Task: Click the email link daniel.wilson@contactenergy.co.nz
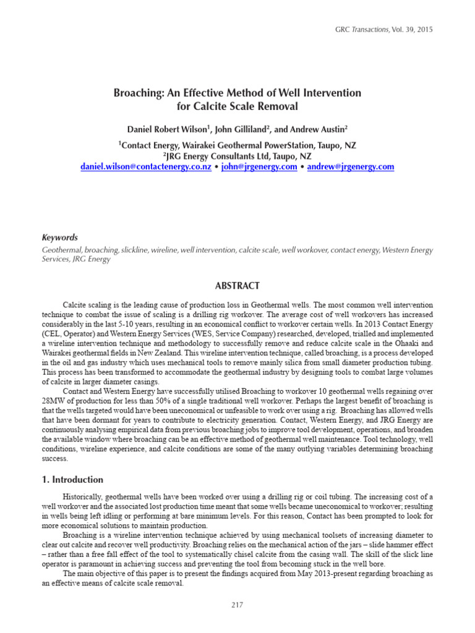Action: [x=146, y=167]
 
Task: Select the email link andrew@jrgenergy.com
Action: [x=350, y=167]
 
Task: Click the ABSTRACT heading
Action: [x=237, y=286]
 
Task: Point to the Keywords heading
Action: [x=59, y=237]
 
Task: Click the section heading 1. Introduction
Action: [x=72, y=479]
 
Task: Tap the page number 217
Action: [x=237, y=605]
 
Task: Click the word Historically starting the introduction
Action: [x=84, y=497]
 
